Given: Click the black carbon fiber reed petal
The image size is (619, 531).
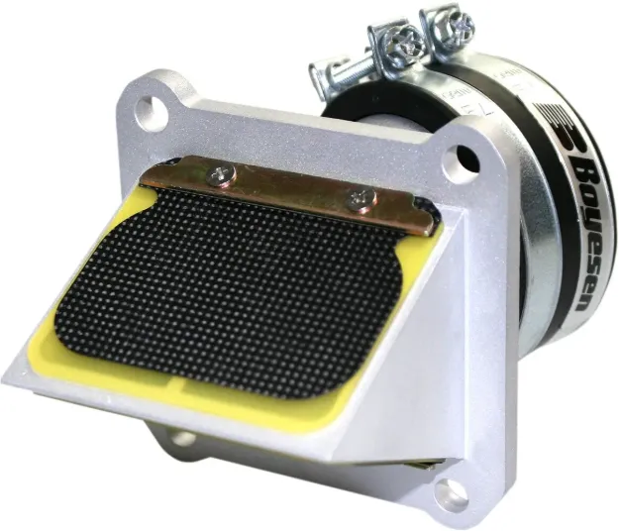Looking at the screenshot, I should [x=238, y=287].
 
